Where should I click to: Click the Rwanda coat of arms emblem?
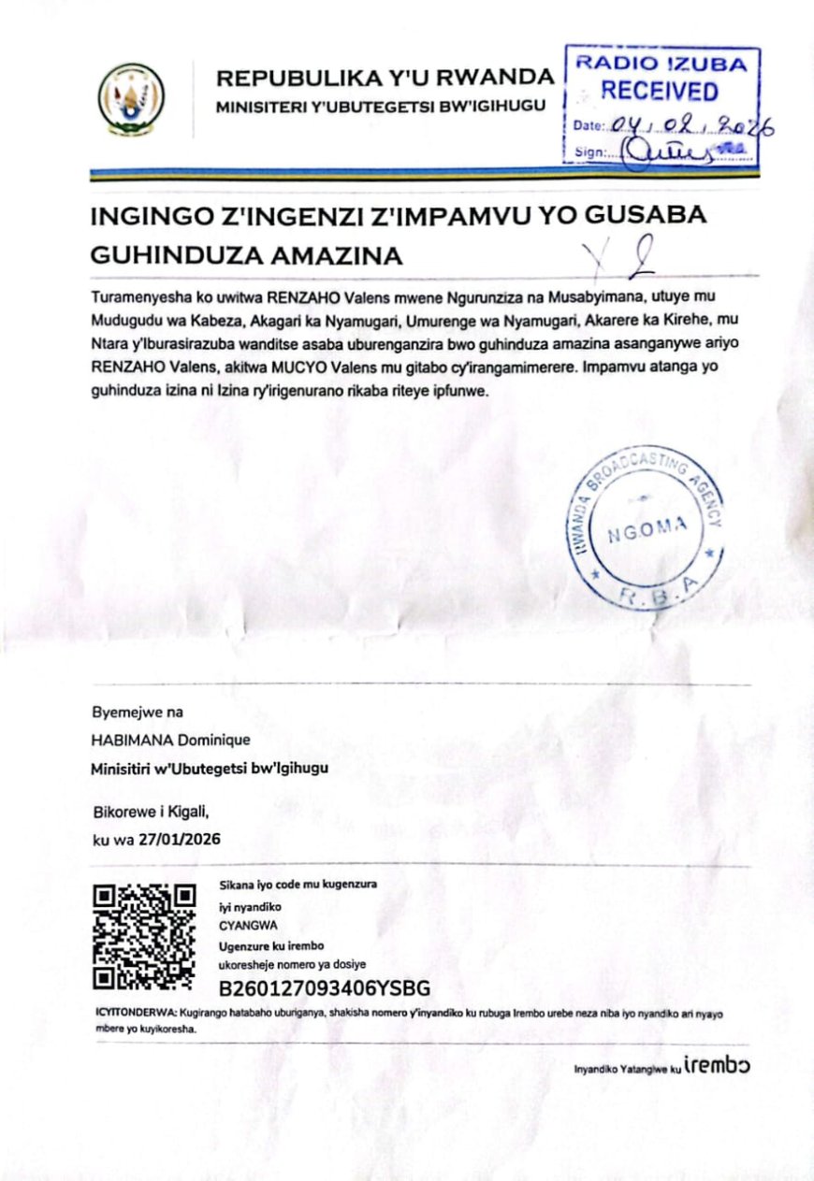pyautogui.click(x=132, y=96)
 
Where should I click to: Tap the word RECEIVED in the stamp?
pyautogui.click(x=660, y=92)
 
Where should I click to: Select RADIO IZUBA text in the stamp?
pyautogui.click(x=661, y=64)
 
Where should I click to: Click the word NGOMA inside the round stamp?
pyautogui.click(x=647, y=536)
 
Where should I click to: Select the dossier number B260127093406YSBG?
pyautogui.click(x=325, y=987)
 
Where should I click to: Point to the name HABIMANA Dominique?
pyautogui.click(x=170, y=741)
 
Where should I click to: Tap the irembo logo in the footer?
pyautogui.click(x=717, y=1066)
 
